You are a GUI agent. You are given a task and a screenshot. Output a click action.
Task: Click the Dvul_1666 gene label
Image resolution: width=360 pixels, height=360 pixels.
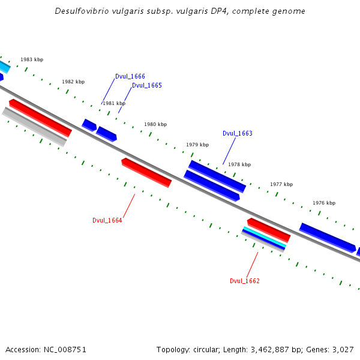tap(130, 77)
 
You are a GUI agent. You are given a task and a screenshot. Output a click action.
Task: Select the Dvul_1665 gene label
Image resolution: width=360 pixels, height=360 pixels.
tap(146, 86)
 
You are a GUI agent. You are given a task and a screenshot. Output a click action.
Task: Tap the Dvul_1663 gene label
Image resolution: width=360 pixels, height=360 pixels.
tap(237, 134)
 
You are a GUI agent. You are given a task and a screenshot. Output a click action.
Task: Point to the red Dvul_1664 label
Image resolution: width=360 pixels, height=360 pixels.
tap(107, 220)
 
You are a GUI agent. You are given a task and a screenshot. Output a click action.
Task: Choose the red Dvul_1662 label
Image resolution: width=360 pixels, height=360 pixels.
tap(244, 281)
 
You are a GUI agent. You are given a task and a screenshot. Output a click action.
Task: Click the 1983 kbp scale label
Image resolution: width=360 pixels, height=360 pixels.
tap(32, 59)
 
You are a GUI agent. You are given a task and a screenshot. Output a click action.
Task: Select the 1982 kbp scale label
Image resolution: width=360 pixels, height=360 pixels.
tap(73, 82)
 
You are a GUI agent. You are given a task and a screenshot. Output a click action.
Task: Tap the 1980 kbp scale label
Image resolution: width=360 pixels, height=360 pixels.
tap(155, 124)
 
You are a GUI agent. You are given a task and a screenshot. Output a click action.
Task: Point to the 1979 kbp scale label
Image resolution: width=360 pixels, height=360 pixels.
tap(197, 145)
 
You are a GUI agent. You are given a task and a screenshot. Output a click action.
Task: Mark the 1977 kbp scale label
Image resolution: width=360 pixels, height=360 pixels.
tap(281, 184)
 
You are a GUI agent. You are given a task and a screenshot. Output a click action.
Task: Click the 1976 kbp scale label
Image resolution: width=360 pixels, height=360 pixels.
tap(324, 203)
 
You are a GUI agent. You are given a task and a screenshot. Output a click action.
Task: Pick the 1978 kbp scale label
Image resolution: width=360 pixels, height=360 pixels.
tap(239, 164)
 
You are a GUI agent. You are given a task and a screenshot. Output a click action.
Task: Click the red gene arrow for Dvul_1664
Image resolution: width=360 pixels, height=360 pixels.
tap(146, 173)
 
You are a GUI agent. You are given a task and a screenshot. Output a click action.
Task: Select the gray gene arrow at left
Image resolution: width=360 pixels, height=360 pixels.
tap(34, 127)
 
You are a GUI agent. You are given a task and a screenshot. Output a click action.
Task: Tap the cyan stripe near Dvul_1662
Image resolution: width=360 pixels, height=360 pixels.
tap(265, 237)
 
